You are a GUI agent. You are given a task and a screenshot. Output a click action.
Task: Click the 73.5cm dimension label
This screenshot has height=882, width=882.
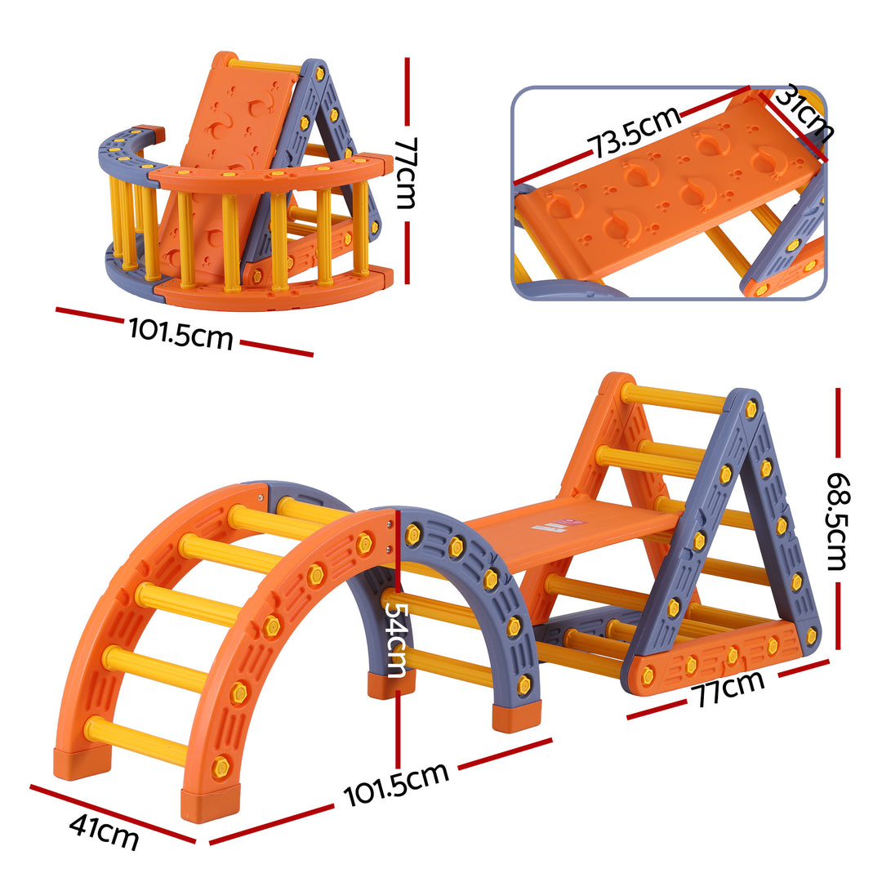coord(635,131)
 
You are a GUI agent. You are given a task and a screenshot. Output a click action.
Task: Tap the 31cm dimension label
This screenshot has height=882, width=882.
coord(804,115)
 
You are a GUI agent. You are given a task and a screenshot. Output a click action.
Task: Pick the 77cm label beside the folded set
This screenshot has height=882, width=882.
coord(406,172)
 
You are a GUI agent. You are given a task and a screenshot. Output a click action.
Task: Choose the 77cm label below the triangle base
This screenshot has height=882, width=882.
coord(728,687)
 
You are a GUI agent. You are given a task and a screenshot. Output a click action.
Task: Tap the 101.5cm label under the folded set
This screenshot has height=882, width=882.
coord(180,332)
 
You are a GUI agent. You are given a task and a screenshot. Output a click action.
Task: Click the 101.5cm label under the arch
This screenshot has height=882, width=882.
coord(396,784)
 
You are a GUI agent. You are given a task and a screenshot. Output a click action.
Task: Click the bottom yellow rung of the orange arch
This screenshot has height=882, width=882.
coord(135,739)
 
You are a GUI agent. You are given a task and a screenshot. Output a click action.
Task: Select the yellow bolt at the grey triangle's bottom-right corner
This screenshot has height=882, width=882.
coord(810,636)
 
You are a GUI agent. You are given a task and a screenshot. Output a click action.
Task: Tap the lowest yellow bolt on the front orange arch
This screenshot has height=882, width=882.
coord(220,768)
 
